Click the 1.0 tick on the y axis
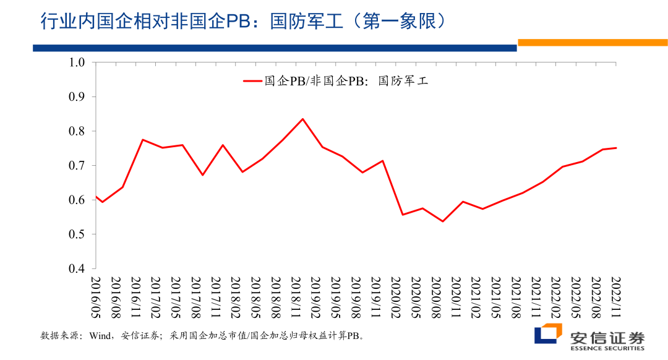click(x=76, y=62)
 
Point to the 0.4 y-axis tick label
click(x=76, y=269)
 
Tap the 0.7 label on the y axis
click(x=76, y=166)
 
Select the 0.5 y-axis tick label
click(x=76, y=234)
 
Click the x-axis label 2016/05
click(x=96, y=296)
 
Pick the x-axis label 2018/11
click(x=296, y=296)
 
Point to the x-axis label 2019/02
click(x=315, y=296)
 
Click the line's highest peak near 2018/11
click(x=302, y=119)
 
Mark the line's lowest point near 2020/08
click(x=443, y=221)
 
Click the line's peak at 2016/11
click(x=142, y=140)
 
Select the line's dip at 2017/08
click(x=202, y=175)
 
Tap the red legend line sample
click(x=252, y=80)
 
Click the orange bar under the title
click(x=592, y=43)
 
